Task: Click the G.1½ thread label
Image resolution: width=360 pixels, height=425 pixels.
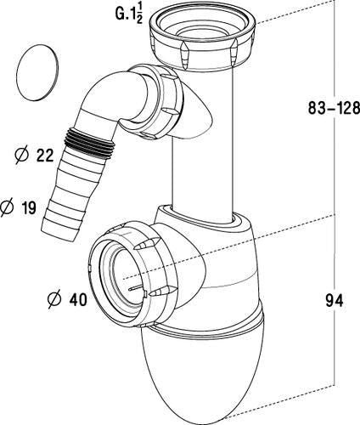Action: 128,14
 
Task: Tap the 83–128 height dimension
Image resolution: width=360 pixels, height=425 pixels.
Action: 334,108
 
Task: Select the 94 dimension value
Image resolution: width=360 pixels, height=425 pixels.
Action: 334,300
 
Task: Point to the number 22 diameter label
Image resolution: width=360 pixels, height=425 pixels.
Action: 45,155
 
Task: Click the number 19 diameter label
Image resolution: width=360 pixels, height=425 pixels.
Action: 28,207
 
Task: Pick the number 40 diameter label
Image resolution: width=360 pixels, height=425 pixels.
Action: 78,299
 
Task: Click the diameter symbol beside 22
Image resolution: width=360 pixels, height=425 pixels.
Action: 23,156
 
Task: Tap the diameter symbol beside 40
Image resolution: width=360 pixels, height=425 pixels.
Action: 54,300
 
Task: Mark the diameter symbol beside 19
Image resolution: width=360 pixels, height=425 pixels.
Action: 7,208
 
